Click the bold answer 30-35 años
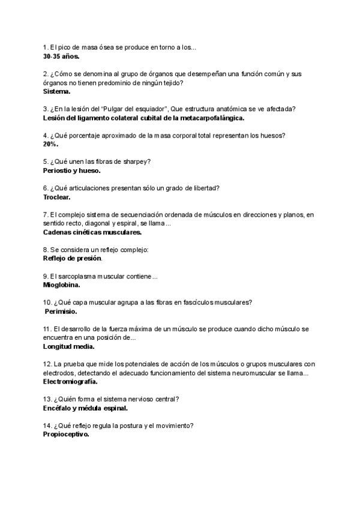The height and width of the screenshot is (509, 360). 61,56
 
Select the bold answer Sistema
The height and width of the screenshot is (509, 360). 57,91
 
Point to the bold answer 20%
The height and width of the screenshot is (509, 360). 50,144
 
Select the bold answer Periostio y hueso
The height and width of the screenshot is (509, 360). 72,170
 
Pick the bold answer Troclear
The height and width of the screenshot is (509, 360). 57,196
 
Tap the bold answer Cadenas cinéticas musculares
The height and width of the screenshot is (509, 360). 92,232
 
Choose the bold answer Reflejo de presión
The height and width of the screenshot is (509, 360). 73,258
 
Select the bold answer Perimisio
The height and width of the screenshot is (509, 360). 61,312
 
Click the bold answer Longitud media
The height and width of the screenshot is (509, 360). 69,346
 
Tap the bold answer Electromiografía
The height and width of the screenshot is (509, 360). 70,382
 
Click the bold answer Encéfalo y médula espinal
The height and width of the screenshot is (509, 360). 85,408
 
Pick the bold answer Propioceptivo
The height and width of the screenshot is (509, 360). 66,435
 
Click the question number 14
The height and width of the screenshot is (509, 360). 47,426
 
